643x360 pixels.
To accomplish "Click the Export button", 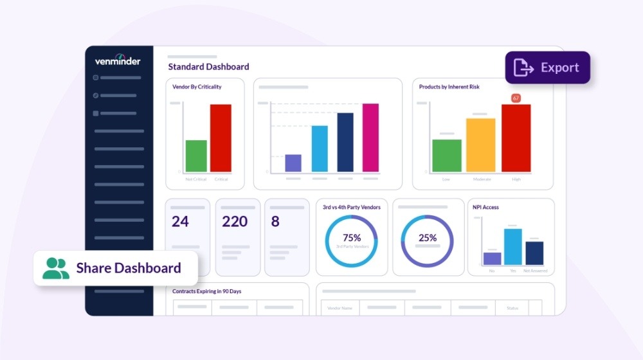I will click(547, 67).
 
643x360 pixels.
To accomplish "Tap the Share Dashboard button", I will click(116, 268).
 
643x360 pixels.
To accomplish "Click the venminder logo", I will click(118, 61).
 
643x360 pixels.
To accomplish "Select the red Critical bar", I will click(221, 138).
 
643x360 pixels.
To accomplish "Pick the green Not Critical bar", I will click(196, 156).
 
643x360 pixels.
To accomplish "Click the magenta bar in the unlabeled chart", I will click(370, 138).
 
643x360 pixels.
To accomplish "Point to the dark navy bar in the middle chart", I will click(345, 142).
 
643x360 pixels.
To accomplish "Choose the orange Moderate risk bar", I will click(481, 145).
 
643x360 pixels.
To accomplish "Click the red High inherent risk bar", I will click(516, 138).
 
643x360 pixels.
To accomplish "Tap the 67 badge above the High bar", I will click(516, 98).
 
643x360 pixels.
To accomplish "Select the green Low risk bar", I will click(447, 156).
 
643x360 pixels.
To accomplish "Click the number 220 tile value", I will click(235, 222).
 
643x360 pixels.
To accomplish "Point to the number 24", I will click(180, 222).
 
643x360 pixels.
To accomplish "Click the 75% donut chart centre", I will click(352, 241).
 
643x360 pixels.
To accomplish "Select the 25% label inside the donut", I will click(428, 238).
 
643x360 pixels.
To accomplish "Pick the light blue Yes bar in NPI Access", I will click(513, 246).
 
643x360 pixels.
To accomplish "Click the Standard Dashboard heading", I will click(208, 67).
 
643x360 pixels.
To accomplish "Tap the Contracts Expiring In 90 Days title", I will click(206, 291).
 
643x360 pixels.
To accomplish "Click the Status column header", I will click(512, 309).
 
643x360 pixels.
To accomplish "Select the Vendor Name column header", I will click(340, 309).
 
